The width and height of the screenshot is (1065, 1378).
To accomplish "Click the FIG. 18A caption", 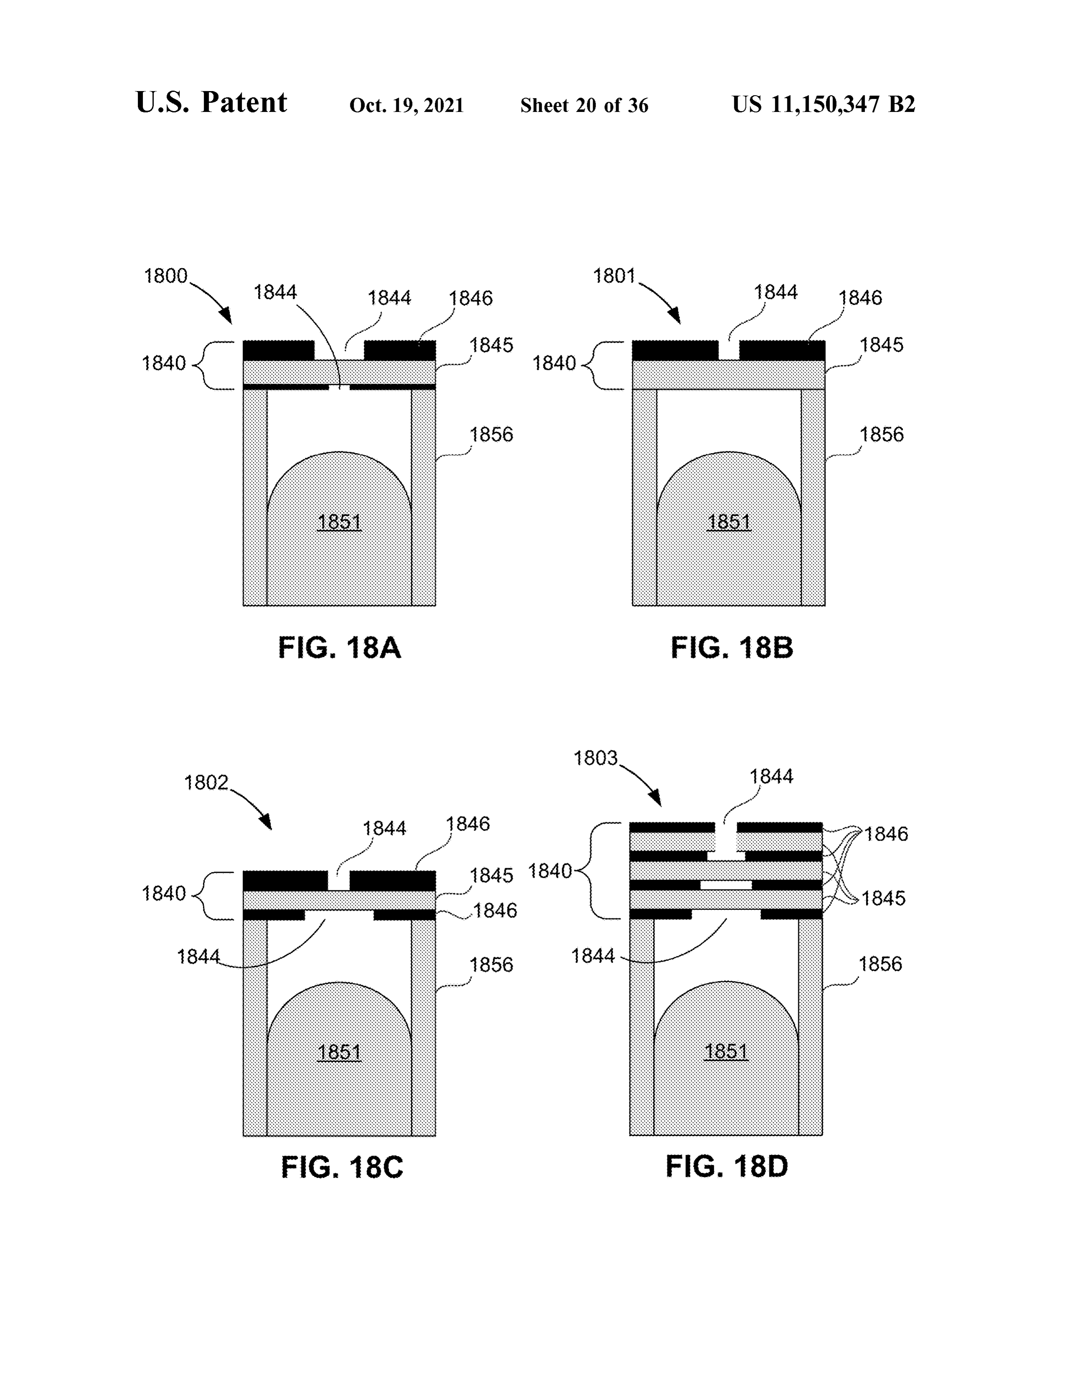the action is pyautogui.click(x=340, y=648).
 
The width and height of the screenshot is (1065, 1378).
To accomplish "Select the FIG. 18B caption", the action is pyautogui.click(x=732, y=648).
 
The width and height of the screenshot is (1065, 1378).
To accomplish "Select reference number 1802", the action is pyautogui.click(x=205, y=783).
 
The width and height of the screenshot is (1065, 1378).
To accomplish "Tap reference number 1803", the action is pyautogui.click(x=596, y=758).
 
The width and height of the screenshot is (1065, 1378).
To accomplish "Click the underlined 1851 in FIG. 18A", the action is pyautogui.click(x=340, y=522).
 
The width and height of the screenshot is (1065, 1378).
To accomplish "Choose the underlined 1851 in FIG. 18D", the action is pyautogui.click(x=726, y=1052).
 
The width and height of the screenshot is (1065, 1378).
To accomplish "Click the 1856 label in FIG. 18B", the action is pyautogui.click(x=881, y=434).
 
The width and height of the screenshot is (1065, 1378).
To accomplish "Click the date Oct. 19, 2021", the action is pyautogui.click(x=406, y=105).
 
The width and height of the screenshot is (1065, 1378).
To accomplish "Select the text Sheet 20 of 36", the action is pyautogui.click(x=584, y=105).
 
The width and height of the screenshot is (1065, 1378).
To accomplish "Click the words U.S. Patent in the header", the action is pyautogui.click(x=211, y=102).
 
